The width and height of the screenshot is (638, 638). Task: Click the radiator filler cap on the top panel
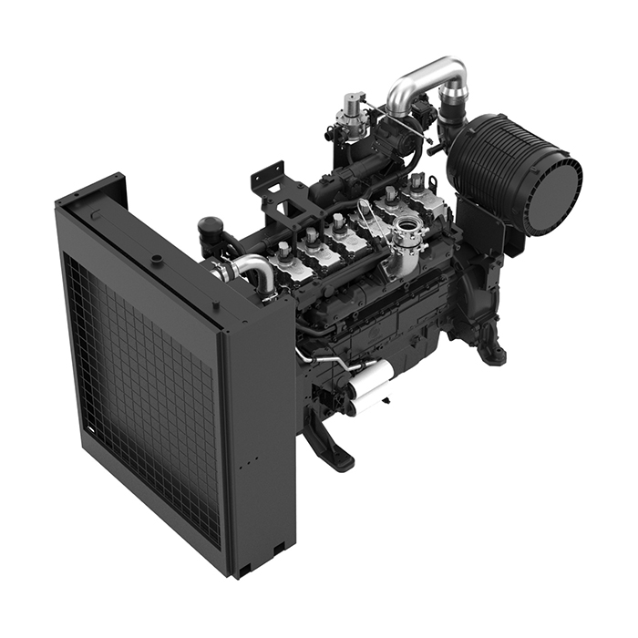click(x=158, y=259)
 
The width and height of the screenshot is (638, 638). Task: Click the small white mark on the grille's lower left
click(x=88, y=427)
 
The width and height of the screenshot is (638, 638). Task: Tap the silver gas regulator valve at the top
click(x=349, y=111)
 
